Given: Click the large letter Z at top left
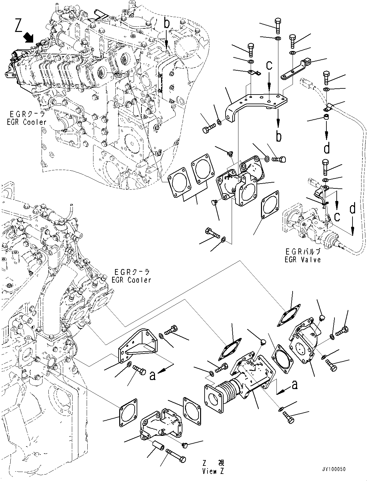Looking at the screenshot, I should point(19,26).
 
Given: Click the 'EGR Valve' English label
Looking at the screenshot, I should point(303,259).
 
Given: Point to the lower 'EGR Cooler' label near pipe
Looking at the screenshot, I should point(131,280).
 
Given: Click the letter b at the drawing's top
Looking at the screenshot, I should point(166,23).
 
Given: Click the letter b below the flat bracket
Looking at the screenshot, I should point(278,136).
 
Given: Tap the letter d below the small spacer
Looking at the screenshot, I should point(327,148).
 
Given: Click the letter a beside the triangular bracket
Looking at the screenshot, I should point(153,376).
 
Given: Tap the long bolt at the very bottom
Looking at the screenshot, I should point(176,456).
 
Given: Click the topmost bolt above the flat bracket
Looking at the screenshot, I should point(278,25).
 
